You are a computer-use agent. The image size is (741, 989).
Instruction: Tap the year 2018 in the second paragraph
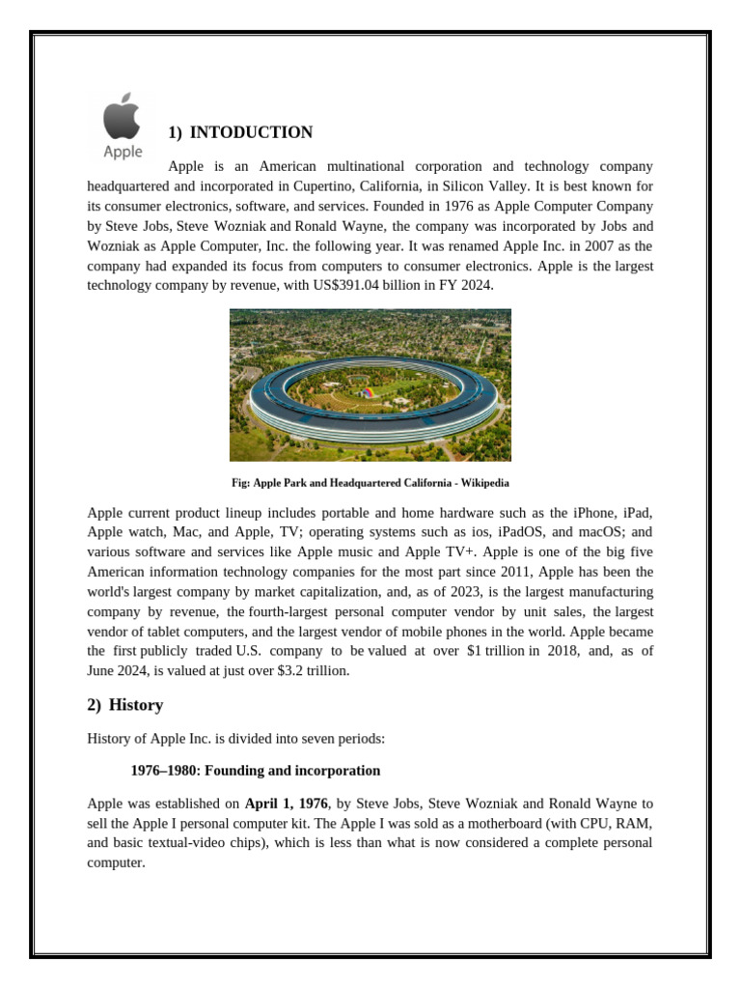coord(548,651)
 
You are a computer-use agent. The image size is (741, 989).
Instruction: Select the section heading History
coord(136,705)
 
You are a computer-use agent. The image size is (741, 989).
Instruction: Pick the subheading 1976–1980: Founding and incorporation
coord(256,771)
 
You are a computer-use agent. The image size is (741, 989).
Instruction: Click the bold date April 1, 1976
coord(287,803)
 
